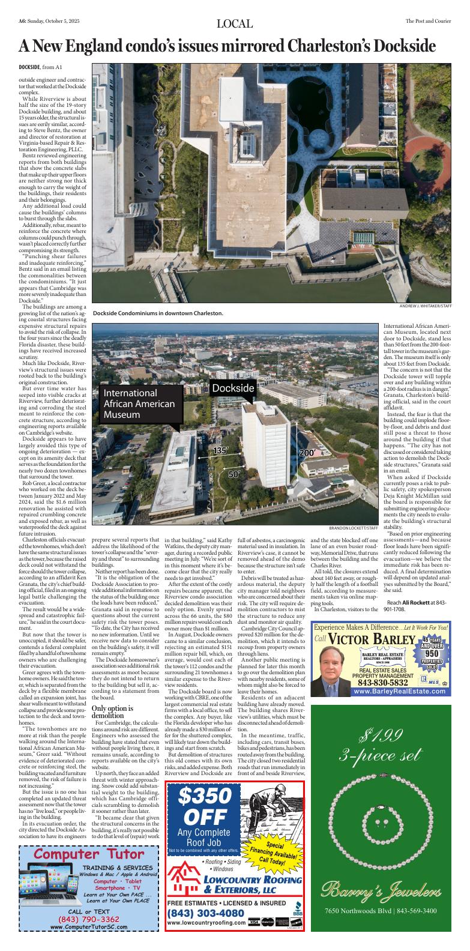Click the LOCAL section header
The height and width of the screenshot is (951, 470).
(x=235, y=24)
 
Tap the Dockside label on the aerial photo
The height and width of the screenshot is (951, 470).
(x=233, y=388)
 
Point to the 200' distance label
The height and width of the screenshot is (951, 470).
(x=307, y=452)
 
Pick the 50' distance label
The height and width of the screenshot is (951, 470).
(x=234, y=474)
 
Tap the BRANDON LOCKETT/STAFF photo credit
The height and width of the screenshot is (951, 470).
(x=354, y=528)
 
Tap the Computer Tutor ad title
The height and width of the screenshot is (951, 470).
(x=89, y=854)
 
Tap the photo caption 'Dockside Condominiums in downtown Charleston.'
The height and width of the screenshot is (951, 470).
(x=158, y=313)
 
